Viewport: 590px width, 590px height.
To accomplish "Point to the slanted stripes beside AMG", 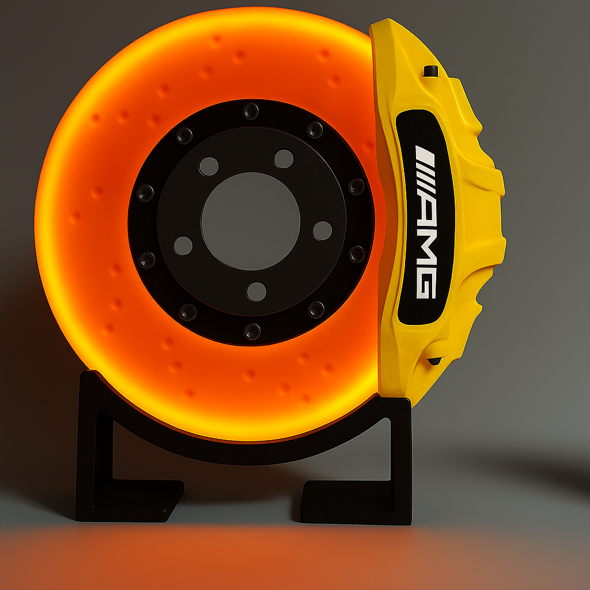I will tap(425, 167).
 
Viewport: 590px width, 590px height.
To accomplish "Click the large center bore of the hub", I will tap(251, 221).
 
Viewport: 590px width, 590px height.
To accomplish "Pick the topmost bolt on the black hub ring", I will tap(251, 111).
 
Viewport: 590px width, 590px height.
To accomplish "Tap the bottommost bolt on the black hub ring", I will tap(252, 331).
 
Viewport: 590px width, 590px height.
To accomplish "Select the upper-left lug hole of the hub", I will tap(209, 167).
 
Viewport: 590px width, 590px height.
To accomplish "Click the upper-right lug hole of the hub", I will tap(283, 159).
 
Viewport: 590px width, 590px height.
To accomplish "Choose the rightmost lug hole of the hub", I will tap(323, 230).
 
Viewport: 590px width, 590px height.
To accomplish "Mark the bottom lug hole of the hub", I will tap(256, 292).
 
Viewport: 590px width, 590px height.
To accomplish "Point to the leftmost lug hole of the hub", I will tap(183, 245).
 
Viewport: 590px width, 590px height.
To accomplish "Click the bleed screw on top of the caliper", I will tap(430, 71).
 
